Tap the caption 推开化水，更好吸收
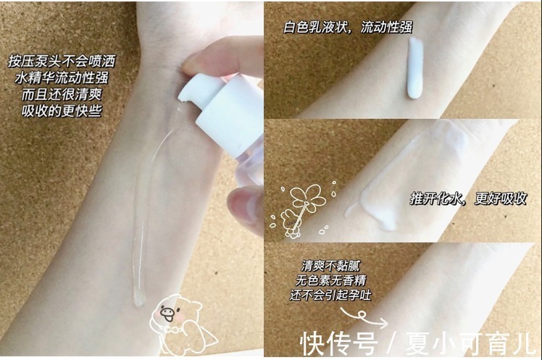pos(467,197)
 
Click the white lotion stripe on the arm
pos(417,69)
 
